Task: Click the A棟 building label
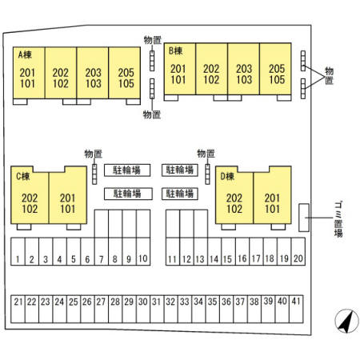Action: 25,54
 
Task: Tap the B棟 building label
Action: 175,50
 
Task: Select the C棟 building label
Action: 23,176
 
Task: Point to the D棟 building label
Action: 227,176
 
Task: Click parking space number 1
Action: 18,251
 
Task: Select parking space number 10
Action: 143,251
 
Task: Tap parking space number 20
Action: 298,251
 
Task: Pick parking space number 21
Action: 18,309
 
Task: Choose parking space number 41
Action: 296,309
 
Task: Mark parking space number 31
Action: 157,309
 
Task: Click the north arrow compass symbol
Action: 346,321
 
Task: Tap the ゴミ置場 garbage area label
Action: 338,219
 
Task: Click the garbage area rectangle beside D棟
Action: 304,218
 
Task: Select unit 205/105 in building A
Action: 125,73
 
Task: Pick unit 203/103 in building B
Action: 243,69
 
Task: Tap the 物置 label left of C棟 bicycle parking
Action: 94,154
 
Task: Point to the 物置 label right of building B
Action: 329,76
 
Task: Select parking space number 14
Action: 214,251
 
